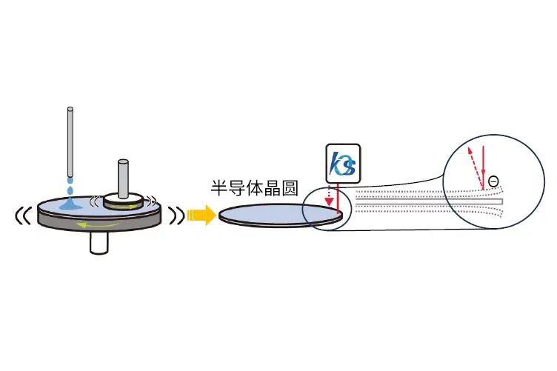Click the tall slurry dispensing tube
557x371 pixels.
(x=70, y=142)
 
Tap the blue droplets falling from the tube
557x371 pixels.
(x=70, y=187)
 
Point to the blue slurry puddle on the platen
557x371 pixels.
(x=71, y=204)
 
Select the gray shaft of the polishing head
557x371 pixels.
(x=123, y=178)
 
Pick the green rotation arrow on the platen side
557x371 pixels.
(x=98, y=224)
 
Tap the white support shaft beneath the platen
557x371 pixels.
(x=99, y=243)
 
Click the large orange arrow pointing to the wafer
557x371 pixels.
(x=201, y=215)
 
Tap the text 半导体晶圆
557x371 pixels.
(x=254, y=188)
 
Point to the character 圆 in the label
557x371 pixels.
(x=290, y=188)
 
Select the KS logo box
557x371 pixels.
(x=343, y=164)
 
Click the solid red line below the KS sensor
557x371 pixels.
(x=338, y=198)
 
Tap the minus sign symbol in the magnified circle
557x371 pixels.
(x=493, y=181)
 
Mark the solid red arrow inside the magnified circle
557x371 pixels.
(x=483, y=167)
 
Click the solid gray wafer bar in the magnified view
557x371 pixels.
(x=430, y=201)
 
